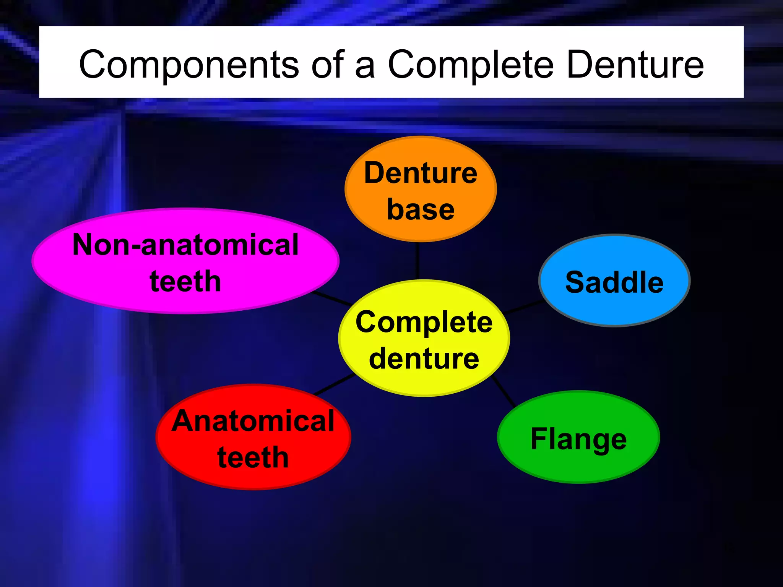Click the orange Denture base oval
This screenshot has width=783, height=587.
[421, 189]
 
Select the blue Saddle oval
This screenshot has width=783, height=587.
[614, 281]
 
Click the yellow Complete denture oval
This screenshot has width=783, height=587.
[424, 339]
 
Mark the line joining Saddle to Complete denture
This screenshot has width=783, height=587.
[523, 307]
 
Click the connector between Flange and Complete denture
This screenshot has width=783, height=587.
[504, 391]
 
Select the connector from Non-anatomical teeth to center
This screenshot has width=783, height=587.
[332, 298]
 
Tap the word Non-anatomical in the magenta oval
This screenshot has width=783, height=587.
[185, 245]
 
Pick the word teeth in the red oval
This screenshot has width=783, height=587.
[253, 457]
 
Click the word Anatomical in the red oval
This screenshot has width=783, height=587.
[253, 421]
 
